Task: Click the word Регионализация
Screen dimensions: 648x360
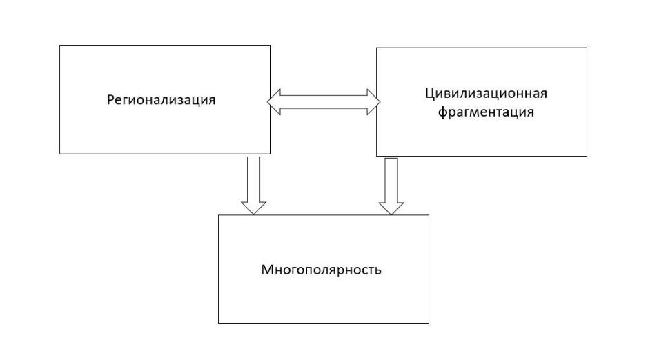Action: (161, 100)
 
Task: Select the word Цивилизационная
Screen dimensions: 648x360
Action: (486, 94)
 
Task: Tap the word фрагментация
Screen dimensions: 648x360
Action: (486, 112)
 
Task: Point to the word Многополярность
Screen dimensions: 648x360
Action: (321, 270)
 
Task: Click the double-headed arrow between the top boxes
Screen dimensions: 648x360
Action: (324, 102)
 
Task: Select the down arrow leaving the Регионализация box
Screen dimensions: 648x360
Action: (253, 186)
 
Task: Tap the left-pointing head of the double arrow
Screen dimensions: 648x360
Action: (273, 102)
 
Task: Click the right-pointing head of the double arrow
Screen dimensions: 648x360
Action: (373, 102)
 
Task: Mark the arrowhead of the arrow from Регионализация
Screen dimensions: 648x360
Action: (253, 208)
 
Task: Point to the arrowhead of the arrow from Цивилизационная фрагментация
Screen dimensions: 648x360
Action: (391, 208)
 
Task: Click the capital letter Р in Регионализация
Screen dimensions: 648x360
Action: (110, 100)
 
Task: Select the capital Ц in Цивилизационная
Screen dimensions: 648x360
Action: (429, 94)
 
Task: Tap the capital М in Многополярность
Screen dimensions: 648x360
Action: (266, 270)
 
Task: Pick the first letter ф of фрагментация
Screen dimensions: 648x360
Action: (442, 112)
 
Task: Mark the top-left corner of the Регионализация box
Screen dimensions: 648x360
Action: (60, 46)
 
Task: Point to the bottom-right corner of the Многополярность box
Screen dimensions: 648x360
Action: (429, 323)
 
